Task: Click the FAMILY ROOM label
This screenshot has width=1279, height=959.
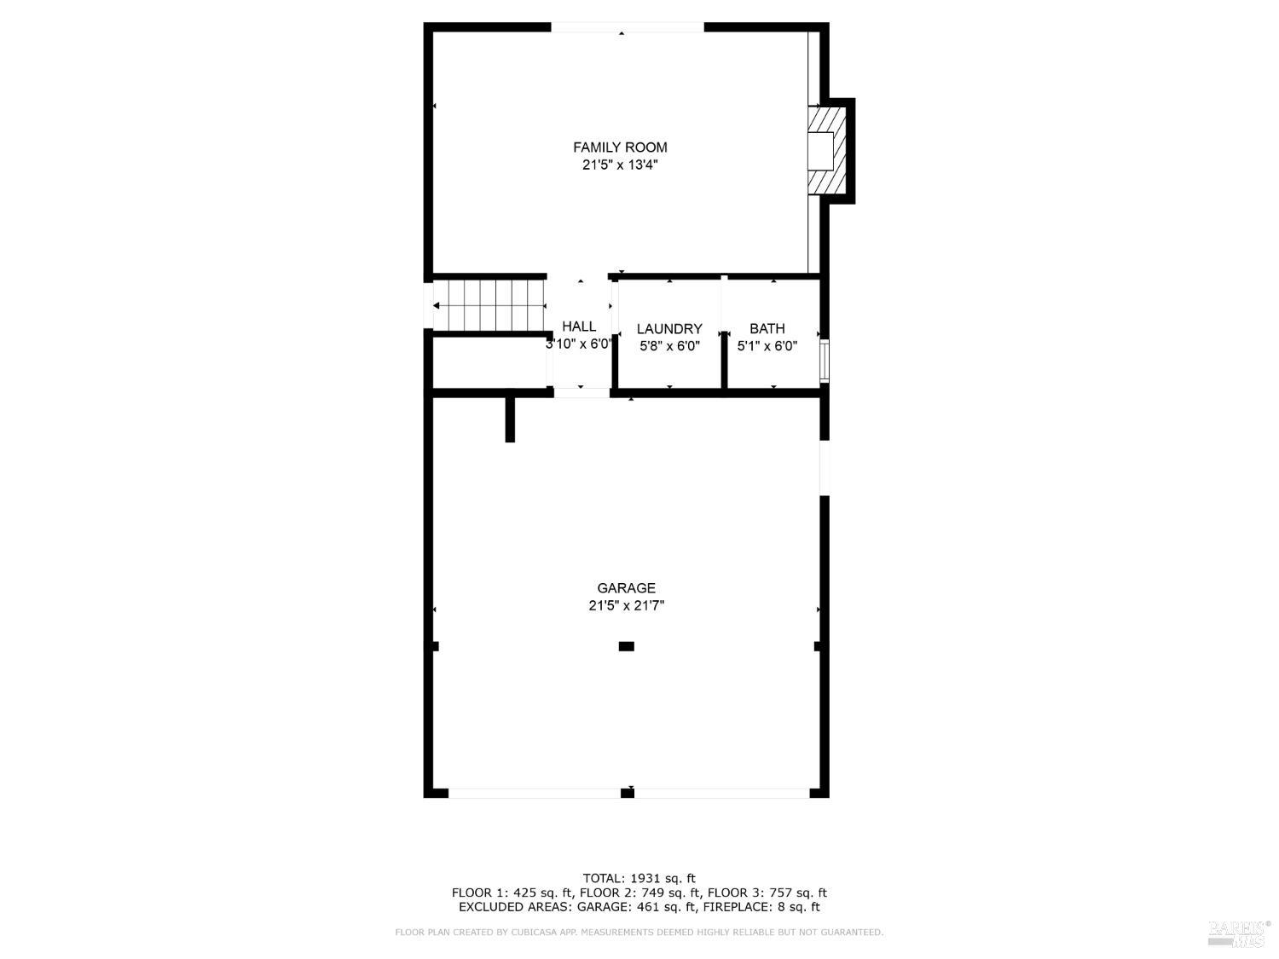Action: pyautogui.click(x=620, y=147)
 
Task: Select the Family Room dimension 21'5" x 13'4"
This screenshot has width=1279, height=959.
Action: pyautogui.click(x=620, y=165)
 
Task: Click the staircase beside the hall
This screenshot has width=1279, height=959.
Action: pyautogui.click(x=489, y=305)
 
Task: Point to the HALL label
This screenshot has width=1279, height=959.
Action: pyautogui.click(x=579, y=326)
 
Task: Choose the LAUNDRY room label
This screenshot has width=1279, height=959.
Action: pyautogui.click(x=669, y=329)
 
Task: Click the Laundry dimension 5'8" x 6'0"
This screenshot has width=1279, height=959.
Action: pyautogui.click(x=669, y=347)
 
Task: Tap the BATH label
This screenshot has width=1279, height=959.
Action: pyautogui.click(x=767, y=329)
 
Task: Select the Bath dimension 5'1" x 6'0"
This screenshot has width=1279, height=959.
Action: pyautogui.click(x=767, y=347)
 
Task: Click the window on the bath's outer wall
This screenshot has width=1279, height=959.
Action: pyautogui.click(x=824, y=360)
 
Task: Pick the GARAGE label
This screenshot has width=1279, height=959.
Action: pyautogui.click(x=626, y=588)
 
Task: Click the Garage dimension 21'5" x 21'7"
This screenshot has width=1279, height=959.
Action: pyautogui.click(x=626, y=606)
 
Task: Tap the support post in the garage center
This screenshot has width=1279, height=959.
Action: pyautogui.click(x=626, y=646)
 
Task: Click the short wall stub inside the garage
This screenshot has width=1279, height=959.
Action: pyautogui.click(x=510, y=418)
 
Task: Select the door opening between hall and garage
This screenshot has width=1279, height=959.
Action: pyautogui.click(x=582, y=393)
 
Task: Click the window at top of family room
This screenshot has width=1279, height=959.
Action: pyautogui.click(x=628, y=27)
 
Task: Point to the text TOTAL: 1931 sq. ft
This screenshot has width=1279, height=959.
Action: pyautogui.click(x=639, y=878)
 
